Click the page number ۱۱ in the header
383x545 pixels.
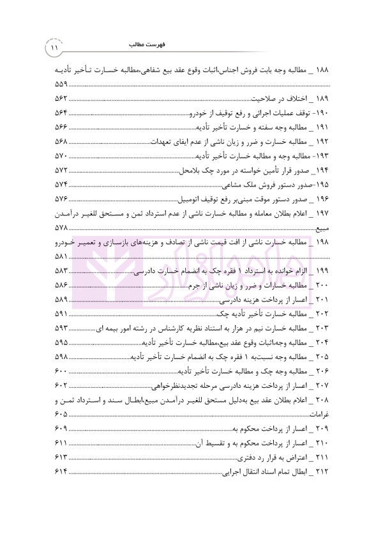(x=54, y=47)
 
